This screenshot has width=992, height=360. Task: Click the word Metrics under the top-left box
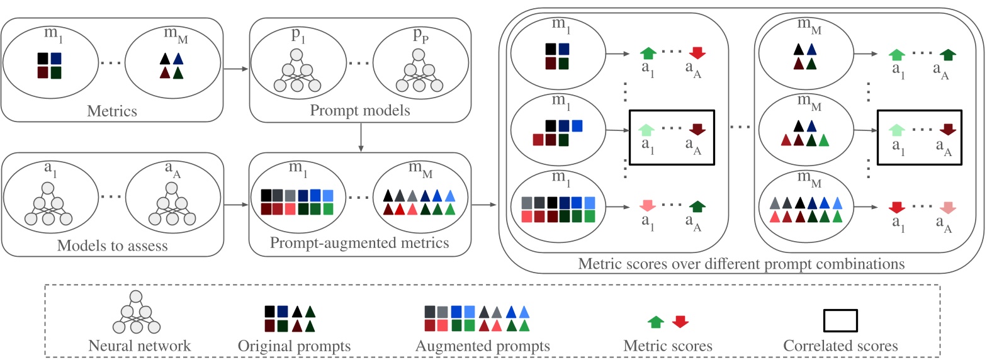click(112, 111)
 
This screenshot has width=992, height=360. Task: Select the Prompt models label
click(359, 111)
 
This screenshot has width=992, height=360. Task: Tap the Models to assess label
click(112, 245)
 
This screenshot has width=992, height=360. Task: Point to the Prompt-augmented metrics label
click(359, 243)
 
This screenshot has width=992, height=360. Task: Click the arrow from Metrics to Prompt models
click(236, 69)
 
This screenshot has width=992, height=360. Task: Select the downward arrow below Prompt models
click(361, 138)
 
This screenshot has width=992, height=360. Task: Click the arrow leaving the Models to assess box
click(236, 205)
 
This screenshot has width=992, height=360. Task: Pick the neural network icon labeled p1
click(298, 70)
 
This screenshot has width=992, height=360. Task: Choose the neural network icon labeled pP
click(419, 70)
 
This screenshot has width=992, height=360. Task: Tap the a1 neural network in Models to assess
click(48, 205)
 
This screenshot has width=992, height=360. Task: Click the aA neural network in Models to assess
click(172, 205)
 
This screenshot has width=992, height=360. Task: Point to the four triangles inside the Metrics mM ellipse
click(171, 65)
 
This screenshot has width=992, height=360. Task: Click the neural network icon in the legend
click(137, 312)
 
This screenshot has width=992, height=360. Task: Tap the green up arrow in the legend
click(656, 322)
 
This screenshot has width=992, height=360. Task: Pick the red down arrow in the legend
click(680, 322)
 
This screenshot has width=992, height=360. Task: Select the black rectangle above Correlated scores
click(840, 320)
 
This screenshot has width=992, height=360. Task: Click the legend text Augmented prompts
click(482, 346)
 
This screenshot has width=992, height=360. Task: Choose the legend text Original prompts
click(294, 346)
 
